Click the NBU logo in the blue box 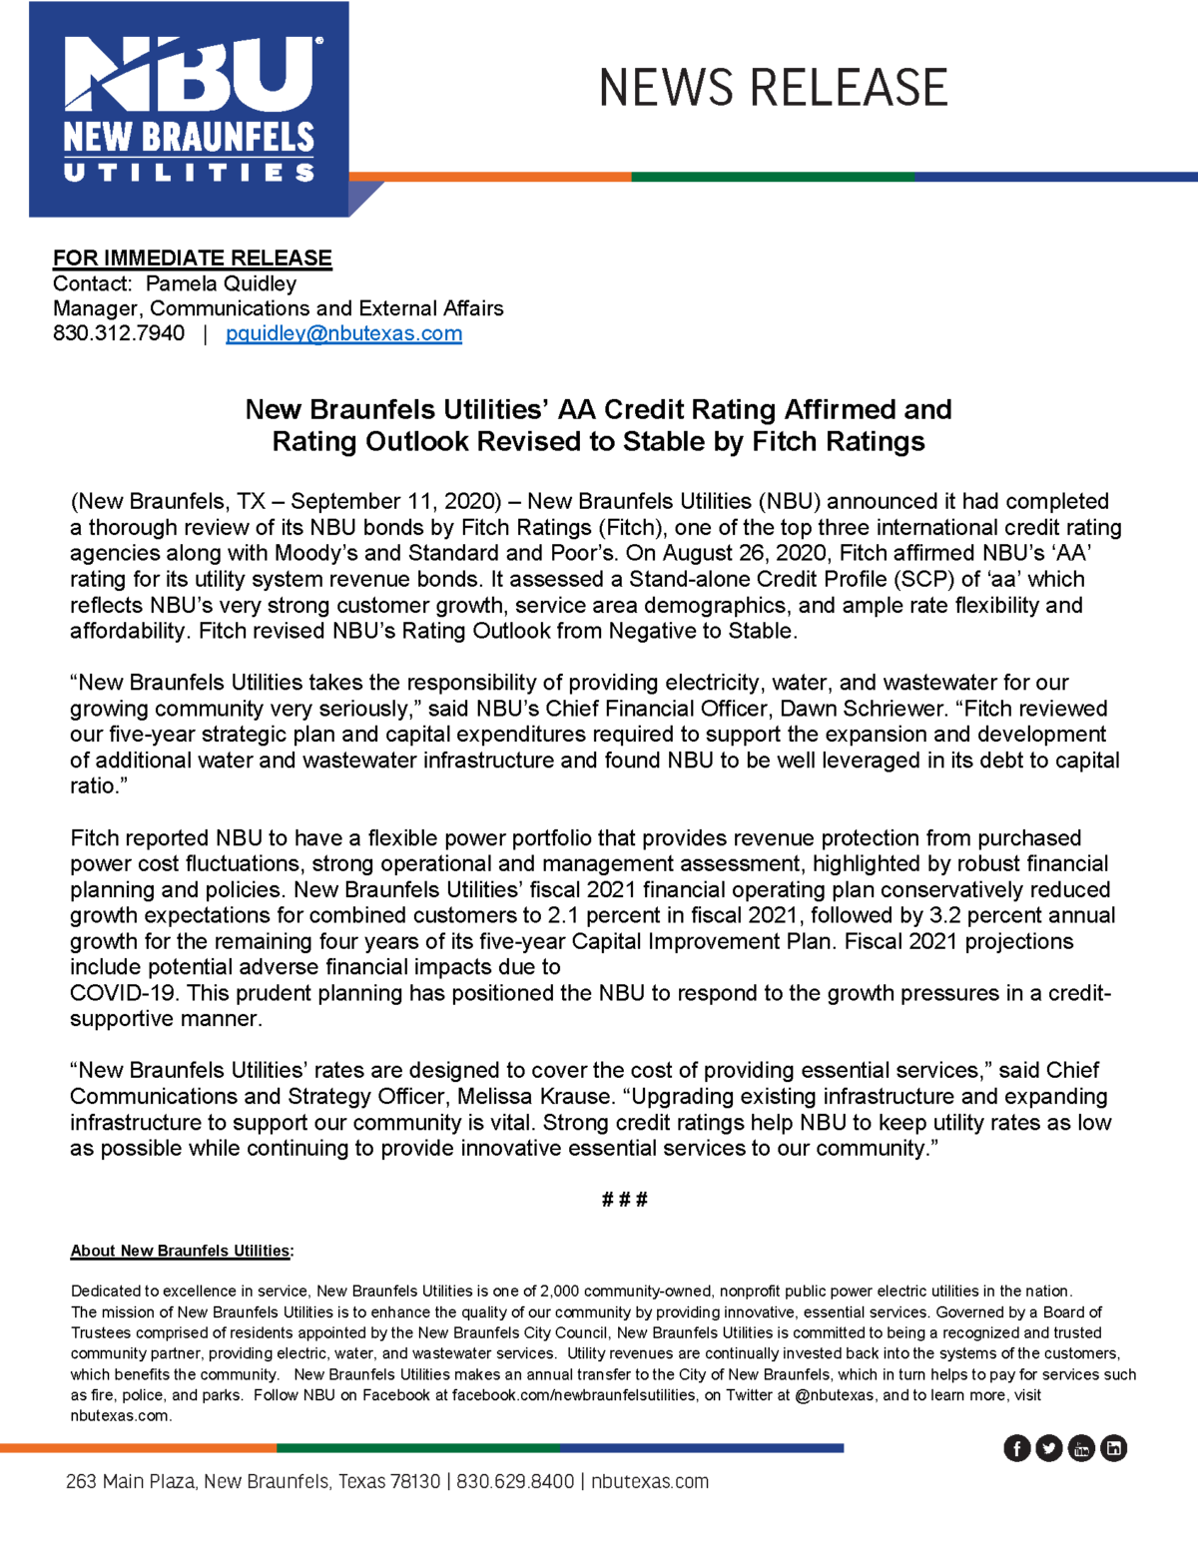(190, 109)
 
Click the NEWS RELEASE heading (773, 88)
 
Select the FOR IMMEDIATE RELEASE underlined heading (192, 258)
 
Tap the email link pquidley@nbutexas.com (343, 333)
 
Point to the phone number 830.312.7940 (119, 333)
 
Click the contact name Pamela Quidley (221, 283)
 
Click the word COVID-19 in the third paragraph (124, 993)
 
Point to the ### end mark (625, 1200)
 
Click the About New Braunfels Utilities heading (181, 1251)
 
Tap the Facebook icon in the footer (1016, 1448)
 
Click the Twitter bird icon (1048, 1448)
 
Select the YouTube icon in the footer (1081, 1448)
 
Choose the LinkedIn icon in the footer (1113, 1448)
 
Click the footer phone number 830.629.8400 (515, 1481)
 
